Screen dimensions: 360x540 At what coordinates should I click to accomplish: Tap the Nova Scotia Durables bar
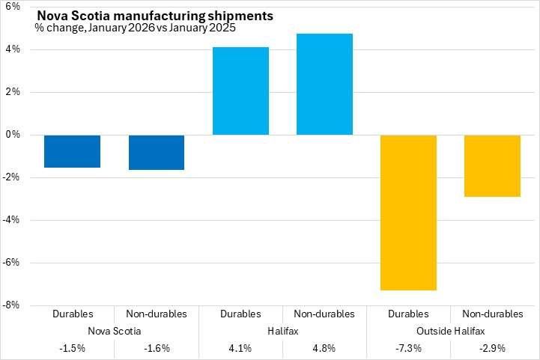pyautogui.click(x=72, y=151)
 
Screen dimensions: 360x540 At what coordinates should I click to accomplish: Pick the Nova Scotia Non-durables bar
pyautogui.click(x=157, y=152)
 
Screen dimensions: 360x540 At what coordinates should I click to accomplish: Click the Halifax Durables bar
pyautogui.click(x=240, y=91)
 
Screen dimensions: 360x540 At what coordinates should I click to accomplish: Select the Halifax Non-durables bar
pyautogui.click(x=324, y=84)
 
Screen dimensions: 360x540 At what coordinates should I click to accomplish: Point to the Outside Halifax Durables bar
pyautogui.click(x=409, y=212)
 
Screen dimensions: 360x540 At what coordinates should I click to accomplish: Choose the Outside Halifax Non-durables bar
pyautogui.click(x=493, y=165)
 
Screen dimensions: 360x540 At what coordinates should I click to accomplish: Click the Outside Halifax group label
pyautogui.click(x=451, y=331)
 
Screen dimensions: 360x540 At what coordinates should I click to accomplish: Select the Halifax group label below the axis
pyautogui.click(x=282, y=331)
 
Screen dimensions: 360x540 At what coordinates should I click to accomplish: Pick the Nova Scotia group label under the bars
pyautogui.click(x=114, y=331)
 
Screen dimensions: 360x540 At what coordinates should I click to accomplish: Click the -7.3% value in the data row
pyautogui.click(x=409, y=348)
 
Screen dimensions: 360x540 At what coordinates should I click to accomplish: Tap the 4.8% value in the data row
pyautogui.click(x=324, y=348)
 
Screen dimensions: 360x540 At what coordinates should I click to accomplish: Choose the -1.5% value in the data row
pyautogui.click(x=72, y=348)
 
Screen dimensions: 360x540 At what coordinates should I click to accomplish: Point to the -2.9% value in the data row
pyautogui.click(x=493, y=348)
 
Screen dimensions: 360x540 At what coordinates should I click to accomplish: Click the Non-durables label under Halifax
pyautogui.click(x=324, y=314)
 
